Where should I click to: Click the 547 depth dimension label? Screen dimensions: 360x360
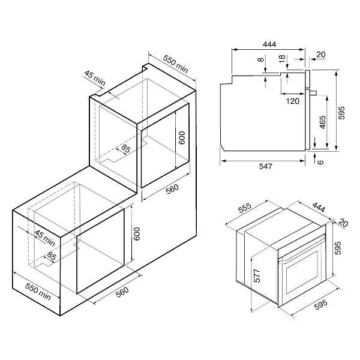click(x=265, y=166)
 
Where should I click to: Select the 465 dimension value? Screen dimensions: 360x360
click(x=323, y=122)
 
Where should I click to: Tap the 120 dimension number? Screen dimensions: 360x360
click(x=293, y=101)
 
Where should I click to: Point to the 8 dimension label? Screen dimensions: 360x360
click(x=260, y=59)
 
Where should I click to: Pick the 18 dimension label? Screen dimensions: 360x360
click(x=282, y=59)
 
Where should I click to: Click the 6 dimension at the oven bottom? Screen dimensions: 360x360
click(x=320, y=162)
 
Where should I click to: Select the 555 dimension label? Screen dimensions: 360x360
click(x=245, y=208)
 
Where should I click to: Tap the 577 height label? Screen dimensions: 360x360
click(x=257, y=275)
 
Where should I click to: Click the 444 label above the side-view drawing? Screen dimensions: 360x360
click(x=269, y=44)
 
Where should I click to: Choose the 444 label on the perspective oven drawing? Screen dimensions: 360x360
click(x=318, y=208)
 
